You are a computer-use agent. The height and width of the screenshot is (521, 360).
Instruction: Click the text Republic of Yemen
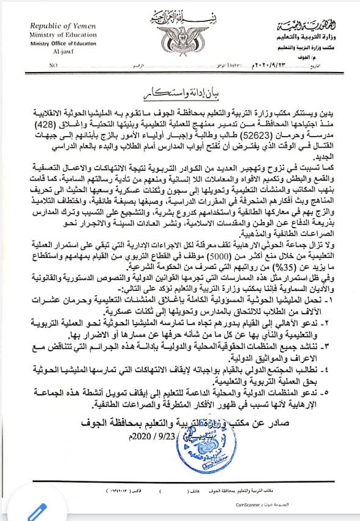pos(59,28)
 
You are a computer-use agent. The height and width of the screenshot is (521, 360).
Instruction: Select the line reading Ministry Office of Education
pos(59,45)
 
